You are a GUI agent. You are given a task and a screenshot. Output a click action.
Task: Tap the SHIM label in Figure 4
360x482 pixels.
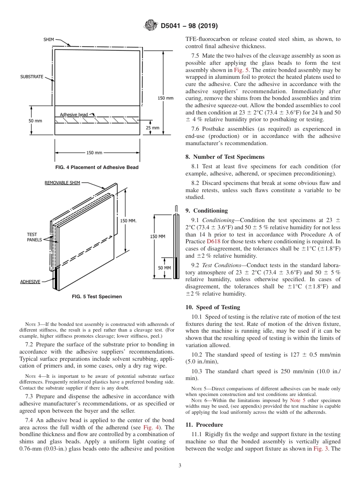[x=49, y=39]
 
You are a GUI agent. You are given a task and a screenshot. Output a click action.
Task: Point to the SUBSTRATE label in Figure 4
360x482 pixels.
[x=31, y=77]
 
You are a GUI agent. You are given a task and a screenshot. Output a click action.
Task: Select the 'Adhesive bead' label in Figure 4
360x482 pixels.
[x=74, y=114]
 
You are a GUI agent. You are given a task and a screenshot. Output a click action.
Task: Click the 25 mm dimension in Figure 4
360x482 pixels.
[x=153, y=128]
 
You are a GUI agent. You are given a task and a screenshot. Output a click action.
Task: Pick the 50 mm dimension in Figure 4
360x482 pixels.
[x=35, y=121]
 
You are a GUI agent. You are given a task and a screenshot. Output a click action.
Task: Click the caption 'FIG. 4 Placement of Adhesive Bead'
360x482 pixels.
[x=97, y=167]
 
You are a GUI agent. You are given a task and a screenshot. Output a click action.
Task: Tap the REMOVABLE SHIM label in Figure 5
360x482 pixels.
[x=62, y=183]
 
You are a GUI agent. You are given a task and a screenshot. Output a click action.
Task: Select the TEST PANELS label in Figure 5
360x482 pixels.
[x=32, y=237]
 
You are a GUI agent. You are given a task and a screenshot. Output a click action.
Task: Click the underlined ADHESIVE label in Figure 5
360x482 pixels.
[x=30, y=282]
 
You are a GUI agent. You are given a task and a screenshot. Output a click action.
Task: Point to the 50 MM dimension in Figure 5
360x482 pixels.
[x=164, y=268]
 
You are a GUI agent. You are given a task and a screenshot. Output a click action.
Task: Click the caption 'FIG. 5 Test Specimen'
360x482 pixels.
[x=97, y=297]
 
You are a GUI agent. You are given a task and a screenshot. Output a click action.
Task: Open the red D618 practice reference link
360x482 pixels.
[x=212, y=241]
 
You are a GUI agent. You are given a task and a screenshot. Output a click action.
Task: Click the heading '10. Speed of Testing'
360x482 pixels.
[x=213, y=307]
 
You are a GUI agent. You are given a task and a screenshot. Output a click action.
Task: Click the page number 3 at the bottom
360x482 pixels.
[x=180, y=466]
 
